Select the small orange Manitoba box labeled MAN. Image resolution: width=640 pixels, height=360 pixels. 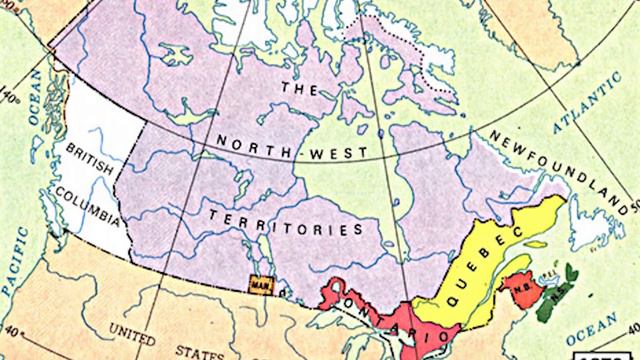pos(259,283)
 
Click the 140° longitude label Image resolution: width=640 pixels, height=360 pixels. pos(12,100)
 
